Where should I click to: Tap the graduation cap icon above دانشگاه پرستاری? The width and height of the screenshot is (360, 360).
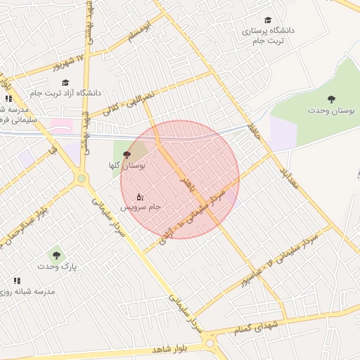coord(267,20)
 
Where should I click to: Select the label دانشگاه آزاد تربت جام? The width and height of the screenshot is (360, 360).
coord(65,92)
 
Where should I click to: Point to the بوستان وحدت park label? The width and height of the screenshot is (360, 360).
coord(332,110)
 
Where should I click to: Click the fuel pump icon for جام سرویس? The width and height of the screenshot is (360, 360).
coord(140,197)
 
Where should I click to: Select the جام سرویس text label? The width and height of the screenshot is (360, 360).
coord(140,207)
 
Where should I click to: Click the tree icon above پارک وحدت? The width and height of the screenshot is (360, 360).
coord(56,255)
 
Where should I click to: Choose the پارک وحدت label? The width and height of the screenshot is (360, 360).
coord(57,267)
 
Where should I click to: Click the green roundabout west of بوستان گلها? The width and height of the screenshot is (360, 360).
coord(82,179)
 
